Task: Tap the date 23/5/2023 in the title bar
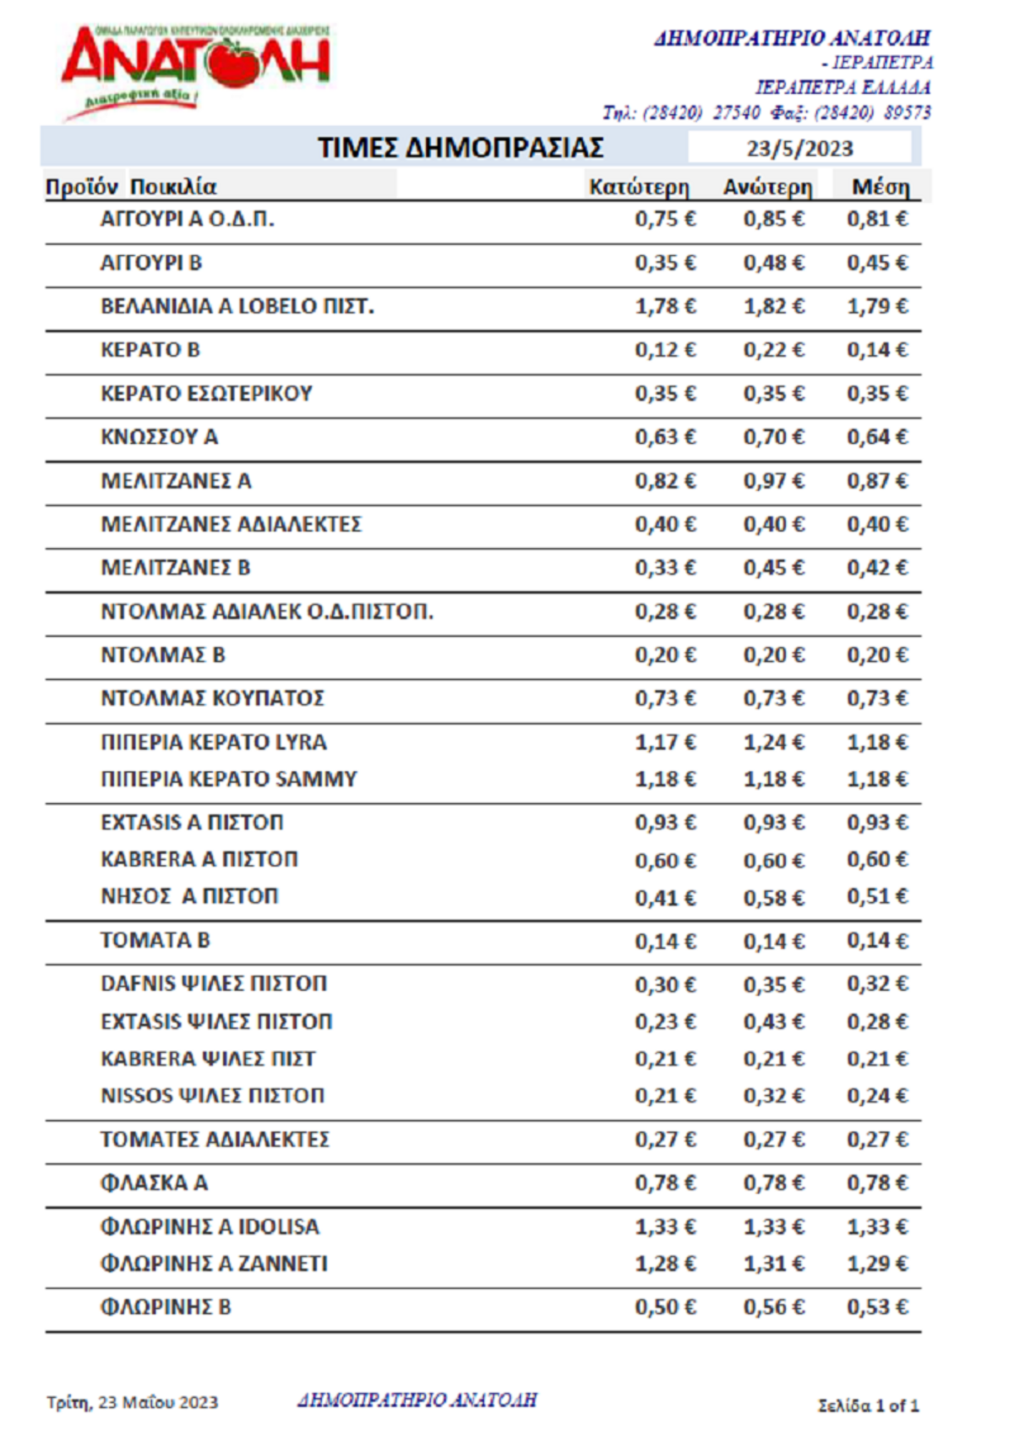799,149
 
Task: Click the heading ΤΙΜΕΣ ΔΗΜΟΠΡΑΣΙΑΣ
461,148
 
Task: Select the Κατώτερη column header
639,187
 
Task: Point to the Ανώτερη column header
767,187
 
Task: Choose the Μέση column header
880,187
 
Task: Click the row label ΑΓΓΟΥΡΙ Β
151,263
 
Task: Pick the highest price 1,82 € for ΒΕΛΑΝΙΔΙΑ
774,306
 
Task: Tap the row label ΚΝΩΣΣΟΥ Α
159,437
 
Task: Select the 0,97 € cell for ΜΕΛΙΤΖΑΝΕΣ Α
774,481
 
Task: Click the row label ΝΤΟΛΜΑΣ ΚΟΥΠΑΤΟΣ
212,698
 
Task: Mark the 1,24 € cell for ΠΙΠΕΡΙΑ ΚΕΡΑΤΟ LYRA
774,742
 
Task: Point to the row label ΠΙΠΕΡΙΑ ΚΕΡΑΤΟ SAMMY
229,779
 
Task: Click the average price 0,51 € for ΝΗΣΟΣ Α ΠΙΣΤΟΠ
878,896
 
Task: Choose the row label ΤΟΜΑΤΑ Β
155,940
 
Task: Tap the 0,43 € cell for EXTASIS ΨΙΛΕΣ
774,1022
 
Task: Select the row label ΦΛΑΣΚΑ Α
154,1183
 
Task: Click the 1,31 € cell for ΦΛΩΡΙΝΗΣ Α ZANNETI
774,1264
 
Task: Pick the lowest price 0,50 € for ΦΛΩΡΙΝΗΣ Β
666,1307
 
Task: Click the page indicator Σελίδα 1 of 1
868,1405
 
